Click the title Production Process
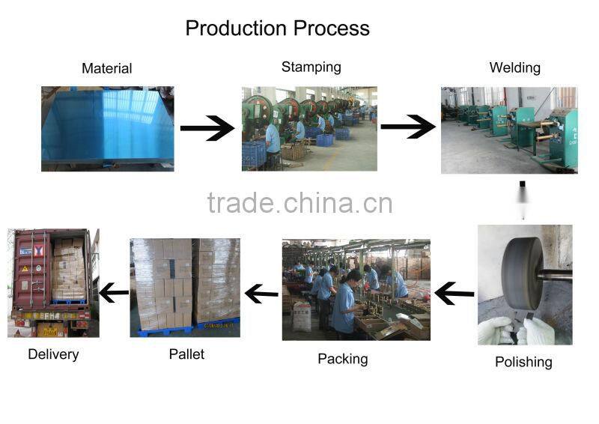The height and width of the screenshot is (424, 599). coord(277,28)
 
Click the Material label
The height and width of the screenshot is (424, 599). coord(106,68)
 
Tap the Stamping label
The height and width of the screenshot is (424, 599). coord(311,67)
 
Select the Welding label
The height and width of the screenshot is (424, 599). coord(514,67)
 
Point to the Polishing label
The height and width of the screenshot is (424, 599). coord(523,362)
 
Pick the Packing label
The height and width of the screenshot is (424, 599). coord(343,359)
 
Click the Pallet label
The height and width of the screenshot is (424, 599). coord(186,354)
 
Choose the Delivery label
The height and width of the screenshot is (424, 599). coord(53,354)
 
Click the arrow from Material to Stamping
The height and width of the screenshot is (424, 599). coord(207,129)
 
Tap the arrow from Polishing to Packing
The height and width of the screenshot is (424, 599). coord(454,293)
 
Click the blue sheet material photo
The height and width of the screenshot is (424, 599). coord(107,128)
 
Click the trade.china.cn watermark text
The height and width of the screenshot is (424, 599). coord(299,203)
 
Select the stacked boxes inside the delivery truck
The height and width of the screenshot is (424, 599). coord(69,270)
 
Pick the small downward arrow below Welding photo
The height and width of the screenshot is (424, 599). coord(522,197)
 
